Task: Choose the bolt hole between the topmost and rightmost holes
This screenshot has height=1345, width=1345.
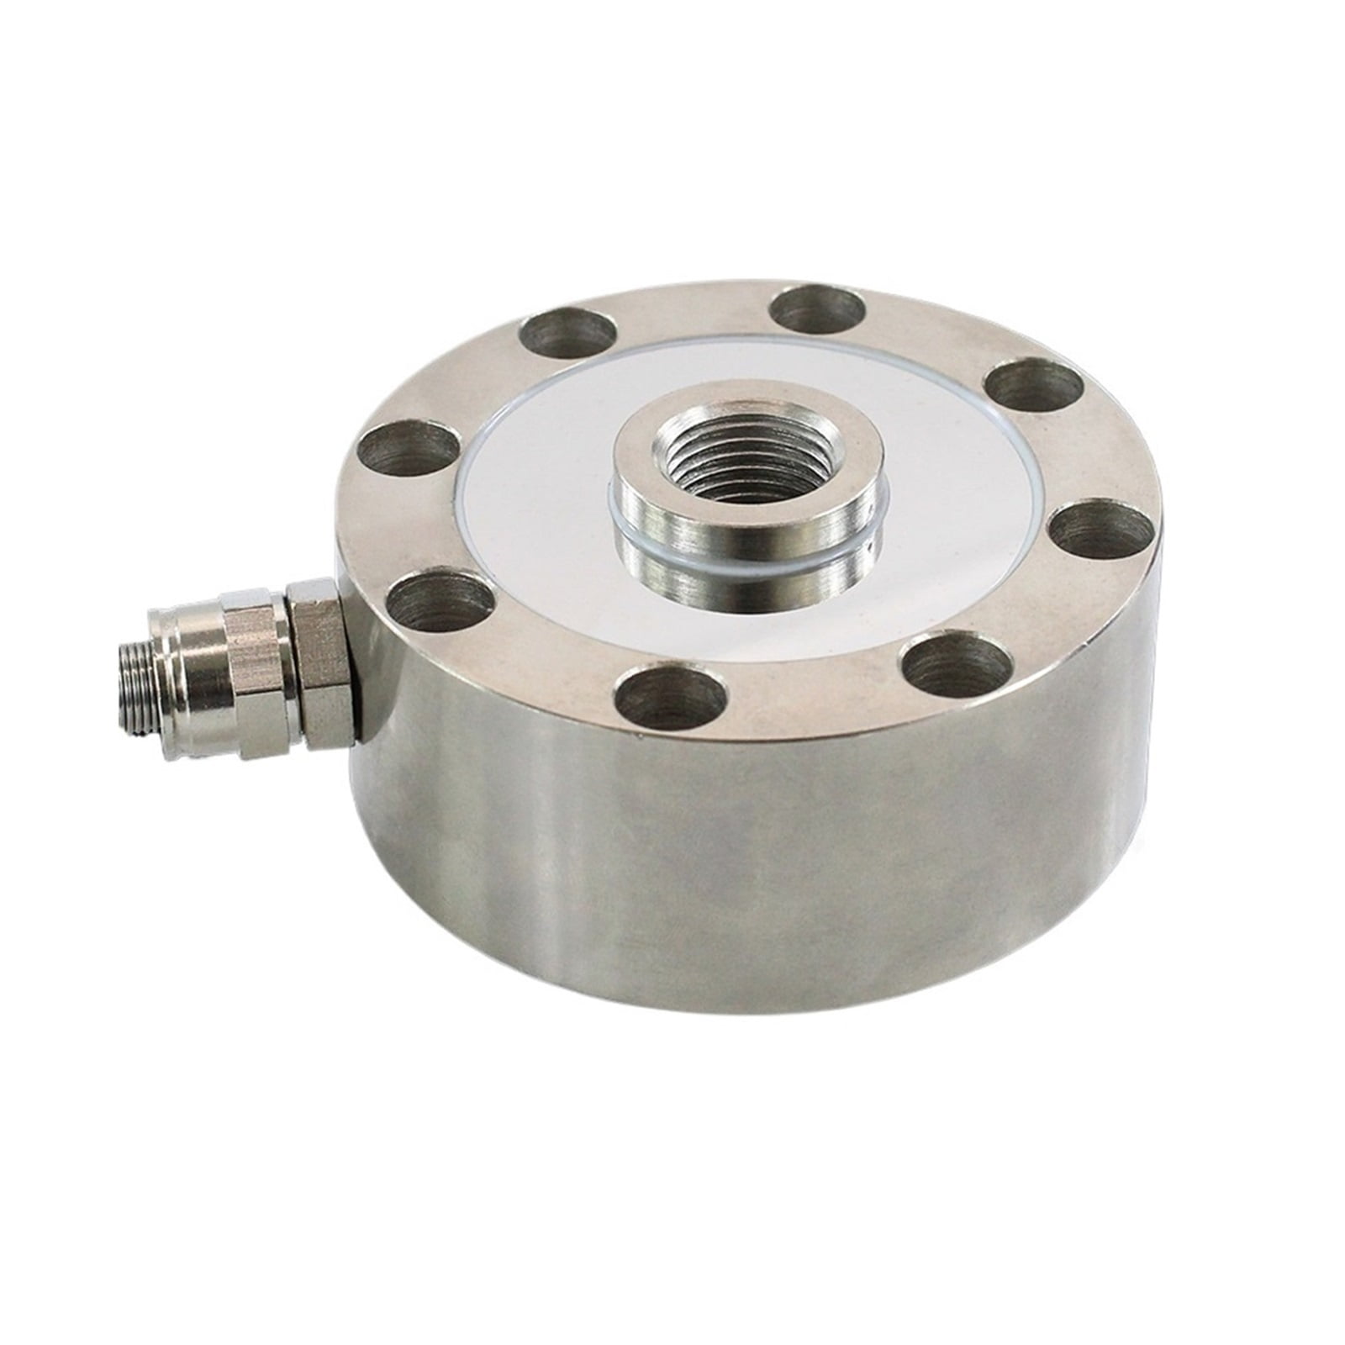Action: [x=1034, y=387]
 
